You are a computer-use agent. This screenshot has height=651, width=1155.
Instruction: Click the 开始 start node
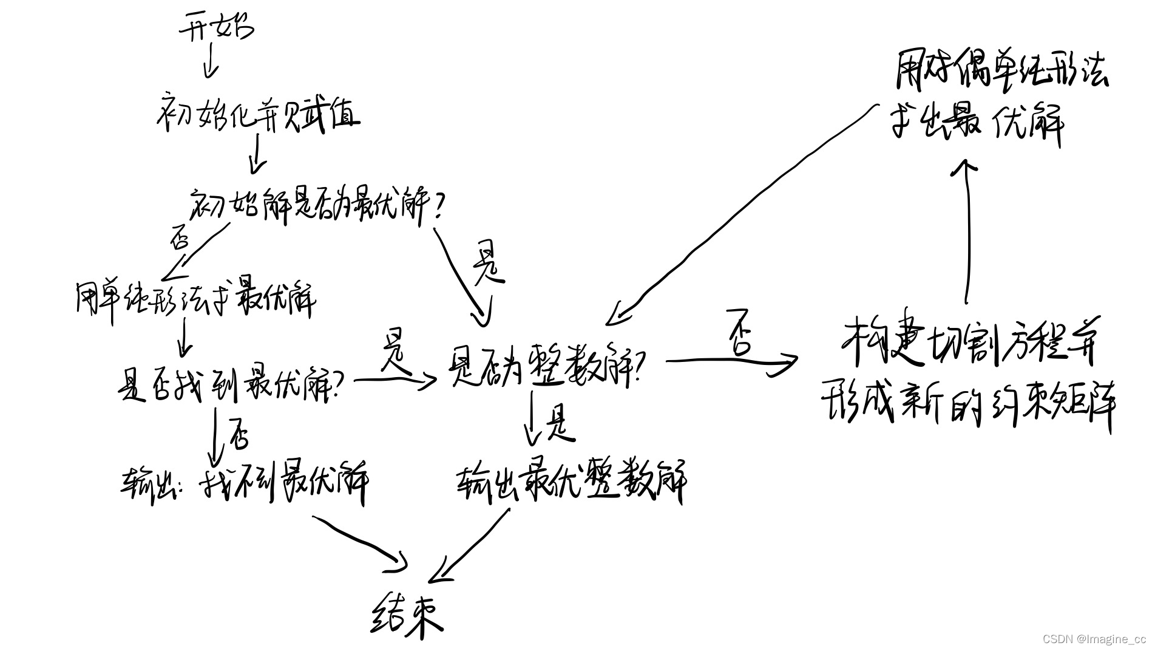click(x=215, y=28)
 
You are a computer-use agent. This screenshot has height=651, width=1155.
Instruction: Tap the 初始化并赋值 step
click(x=257, y=115)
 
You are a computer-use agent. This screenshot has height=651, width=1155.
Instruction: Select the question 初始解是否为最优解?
click(x=316, y=206)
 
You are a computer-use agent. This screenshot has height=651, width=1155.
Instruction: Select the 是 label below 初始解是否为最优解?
click(x=488, y=264)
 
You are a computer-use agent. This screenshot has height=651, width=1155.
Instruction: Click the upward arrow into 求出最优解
click(x=967, y=231)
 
